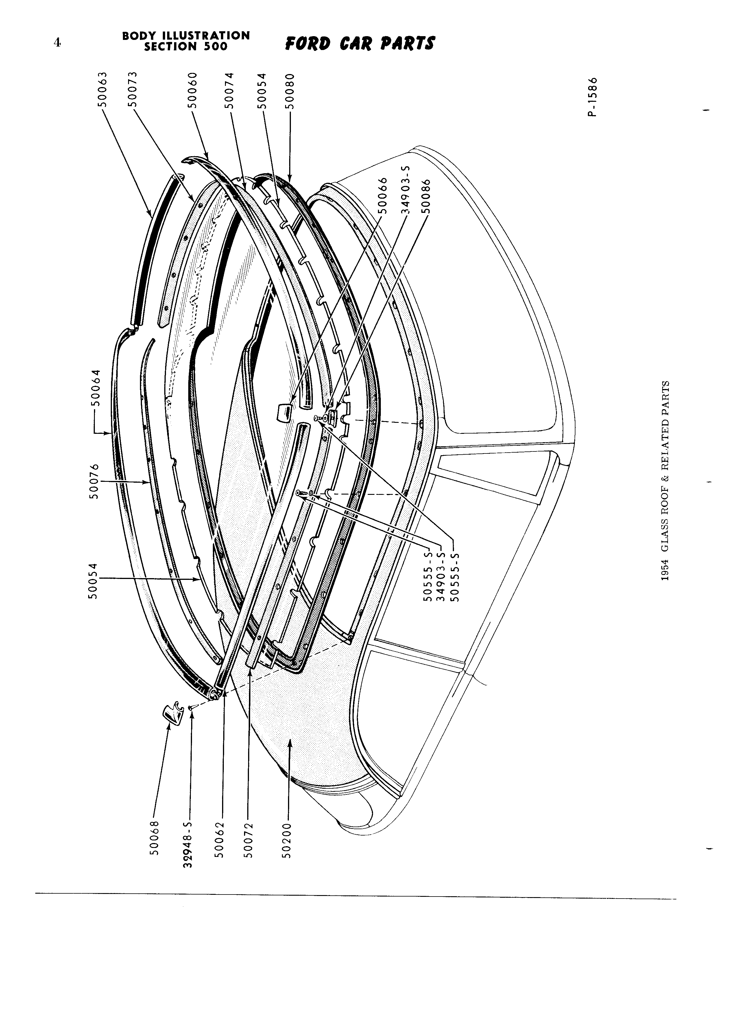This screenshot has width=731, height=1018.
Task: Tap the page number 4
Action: click(57, 43)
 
